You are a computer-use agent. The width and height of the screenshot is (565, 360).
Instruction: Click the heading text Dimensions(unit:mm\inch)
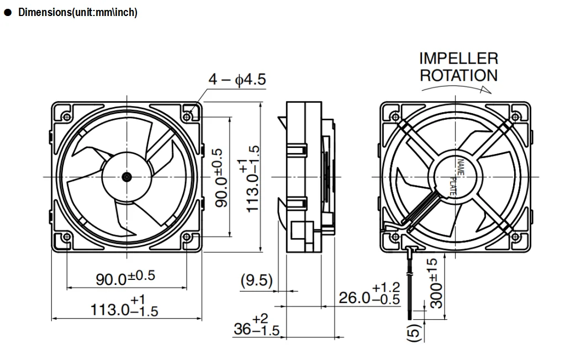[x=77, y=13]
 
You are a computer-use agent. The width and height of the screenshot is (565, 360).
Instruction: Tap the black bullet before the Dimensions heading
[x=8, y=13]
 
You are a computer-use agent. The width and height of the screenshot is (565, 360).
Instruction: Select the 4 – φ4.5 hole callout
[x=236, y=80]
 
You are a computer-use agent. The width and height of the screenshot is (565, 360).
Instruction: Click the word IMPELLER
[x=458, y=59]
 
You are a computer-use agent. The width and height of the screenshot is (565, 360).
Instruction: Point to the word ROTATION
[x=458, y=75]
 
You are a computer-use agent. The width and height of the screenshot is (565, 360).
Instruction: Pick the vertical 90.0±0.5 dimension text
[x=220, y=177]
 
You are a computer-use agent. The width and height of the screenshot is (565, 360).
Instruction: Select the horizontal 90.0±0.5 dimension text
[x=125, y=278]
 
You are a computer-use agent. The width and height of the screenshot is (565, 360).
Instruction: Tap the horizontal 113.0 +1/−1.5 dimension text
[x=124, y=307]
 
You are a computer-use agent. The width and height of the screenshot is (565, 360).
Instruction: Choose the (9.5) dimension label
[x=257, y=280]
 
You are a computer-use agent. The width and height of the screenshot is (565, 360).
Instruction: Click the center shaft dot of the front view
[x=126, y=177]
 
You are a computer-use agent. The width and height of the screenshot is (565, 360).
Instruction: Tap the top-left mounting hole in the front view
[x=66, y=117]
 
